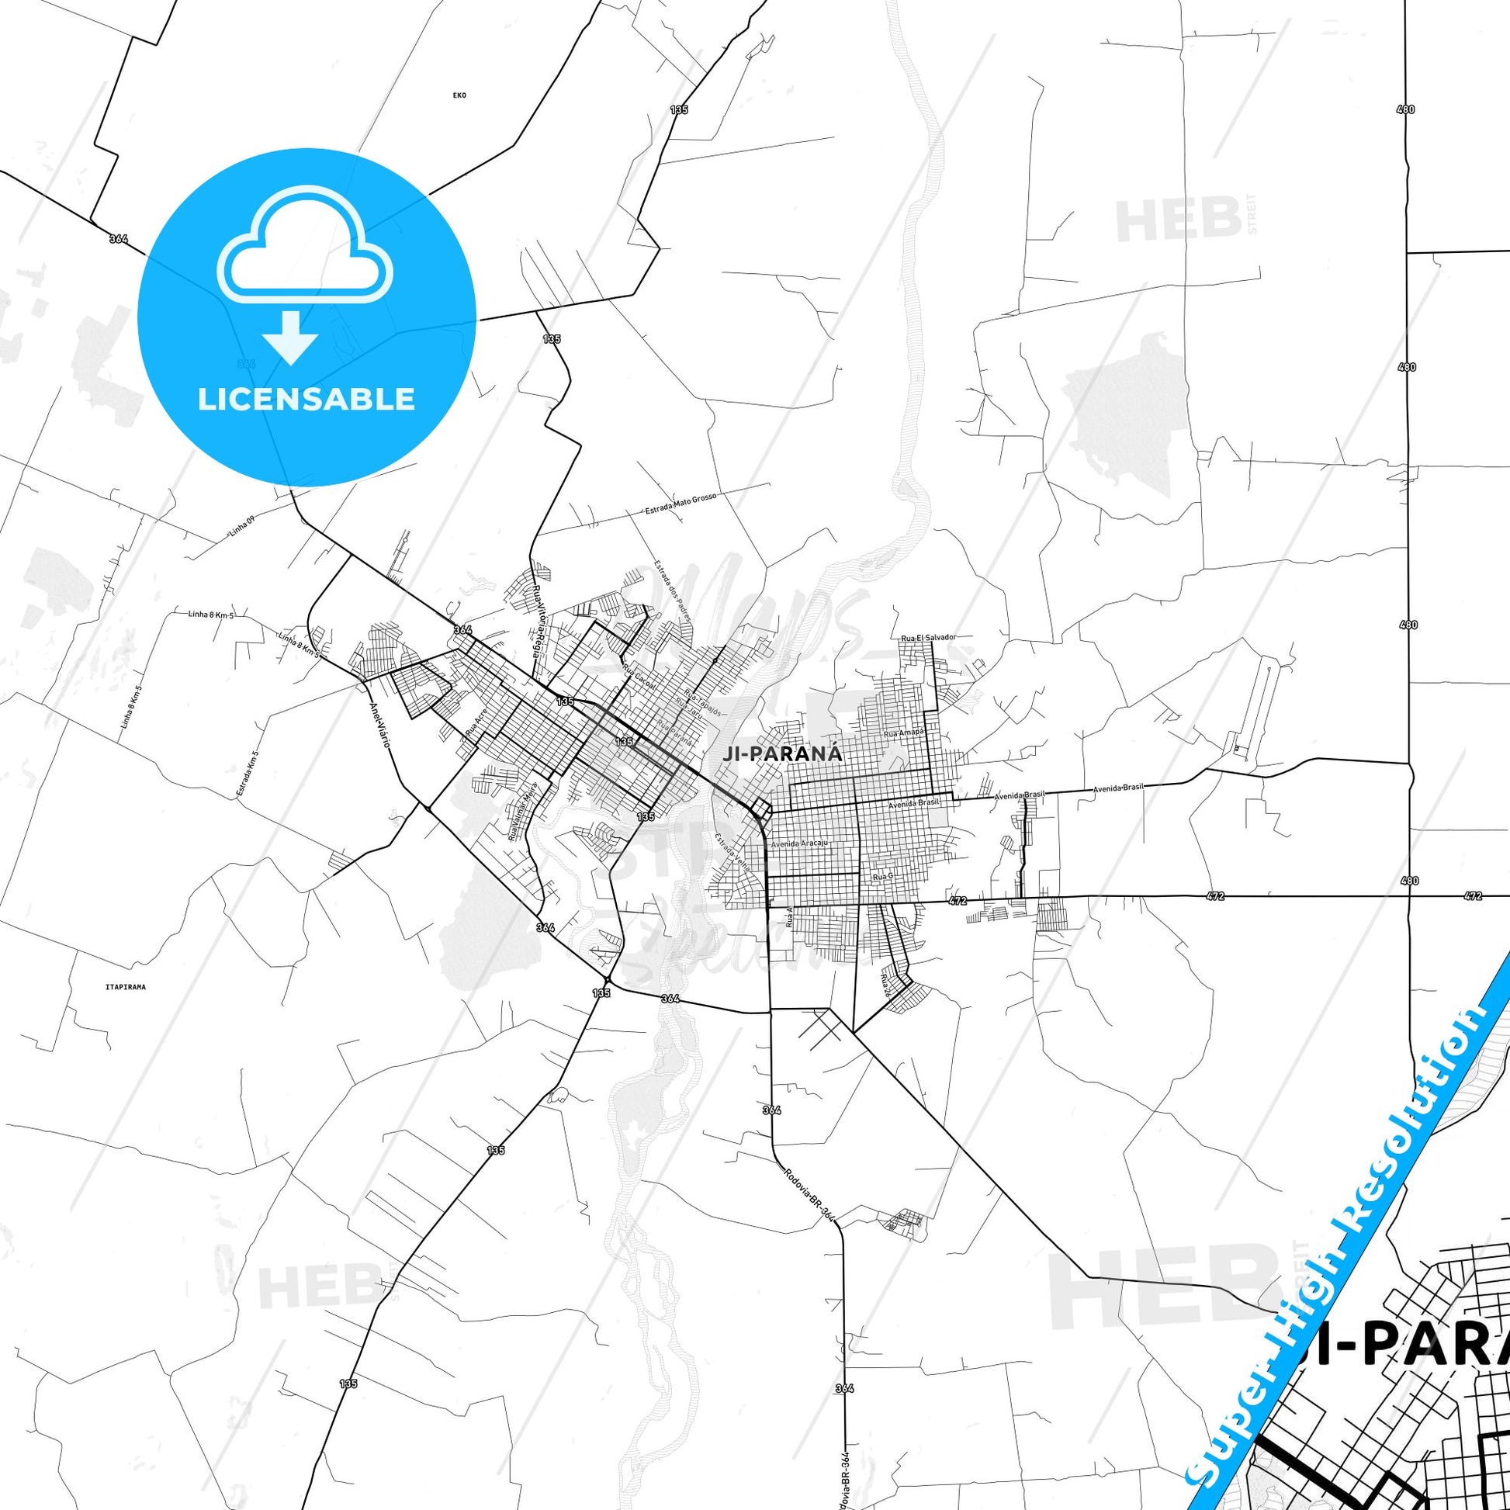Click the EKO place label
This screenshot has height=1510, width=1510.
(x=459, y=95)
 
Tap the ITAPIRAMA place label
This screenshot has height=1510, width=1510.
(x=125, y=987)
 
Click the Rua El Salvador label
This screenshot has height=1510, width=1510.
(x=929, y=638)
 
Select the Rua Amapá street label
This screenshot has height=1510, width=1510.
(x=903, y=732)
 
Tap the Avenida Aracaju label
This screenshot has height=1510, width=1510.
(x=798, y=844)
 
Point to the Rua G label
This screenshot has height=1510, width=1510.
(x=882, y=877)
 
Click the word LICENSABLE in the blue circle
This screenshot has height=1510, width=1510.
(x=307, y=400)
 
